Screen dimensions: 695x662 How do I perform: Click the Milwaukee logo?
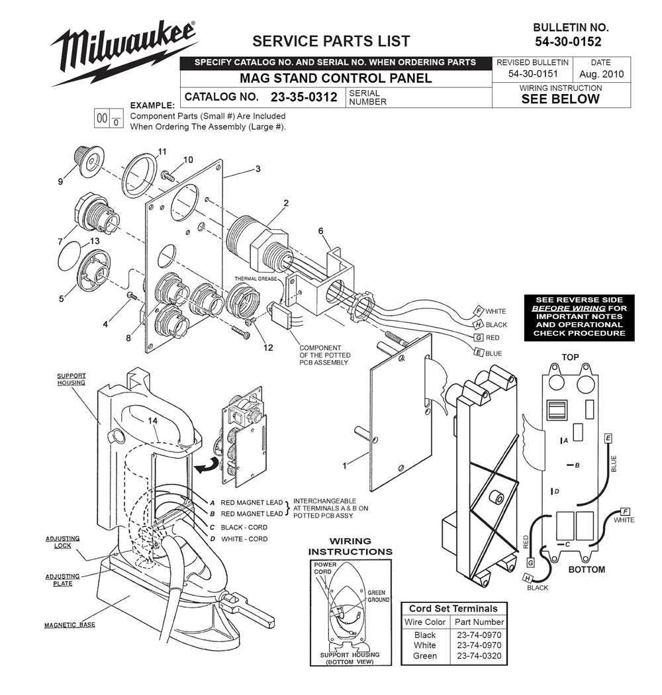point(124,52)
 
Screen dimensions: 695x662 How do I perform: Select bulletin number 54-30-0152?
point(571,42)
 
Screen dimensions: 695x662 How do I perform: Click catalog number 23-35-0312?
point(304,97)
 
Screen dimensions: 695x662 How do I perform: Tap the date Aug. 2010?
point(601,74)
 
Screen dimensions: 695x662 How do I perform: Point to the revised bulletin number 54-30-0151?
point(532,74)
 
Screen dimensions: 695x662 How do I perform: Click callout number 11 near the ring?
point(162,152)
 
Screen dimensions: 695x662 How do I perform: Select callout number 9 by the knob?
point(61,181)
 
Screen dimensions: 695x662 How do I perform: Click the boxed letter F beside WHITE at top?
point(478,310)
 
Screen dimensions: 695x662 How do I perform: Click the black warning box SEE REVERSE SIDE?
point(579,316)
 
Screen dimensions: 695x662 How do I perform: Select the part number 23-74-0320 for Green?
point(479,656)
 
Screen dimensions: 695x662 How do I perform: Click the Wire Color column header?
point(425,622)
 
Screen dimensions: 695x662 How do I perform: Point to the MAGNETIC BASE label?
point(70,625)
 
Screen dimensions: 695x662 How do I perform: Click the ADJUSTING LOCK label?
point(62,542)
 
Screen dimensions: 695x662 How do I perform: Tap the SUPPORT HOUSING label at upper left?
point(70,379)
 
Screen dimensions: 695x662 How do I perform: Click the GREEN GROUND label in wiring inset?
point(378,596)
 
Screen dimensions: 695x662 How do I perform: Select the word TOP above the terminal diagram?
point(570,357)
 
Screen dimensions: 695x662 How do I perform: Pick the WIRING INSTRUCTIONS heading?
point(350,546)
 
